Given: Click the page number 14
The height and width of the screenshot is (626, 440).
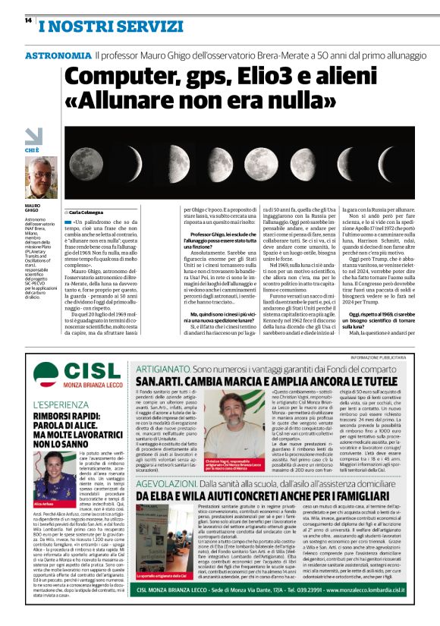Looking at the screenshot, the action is [27, 21].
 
